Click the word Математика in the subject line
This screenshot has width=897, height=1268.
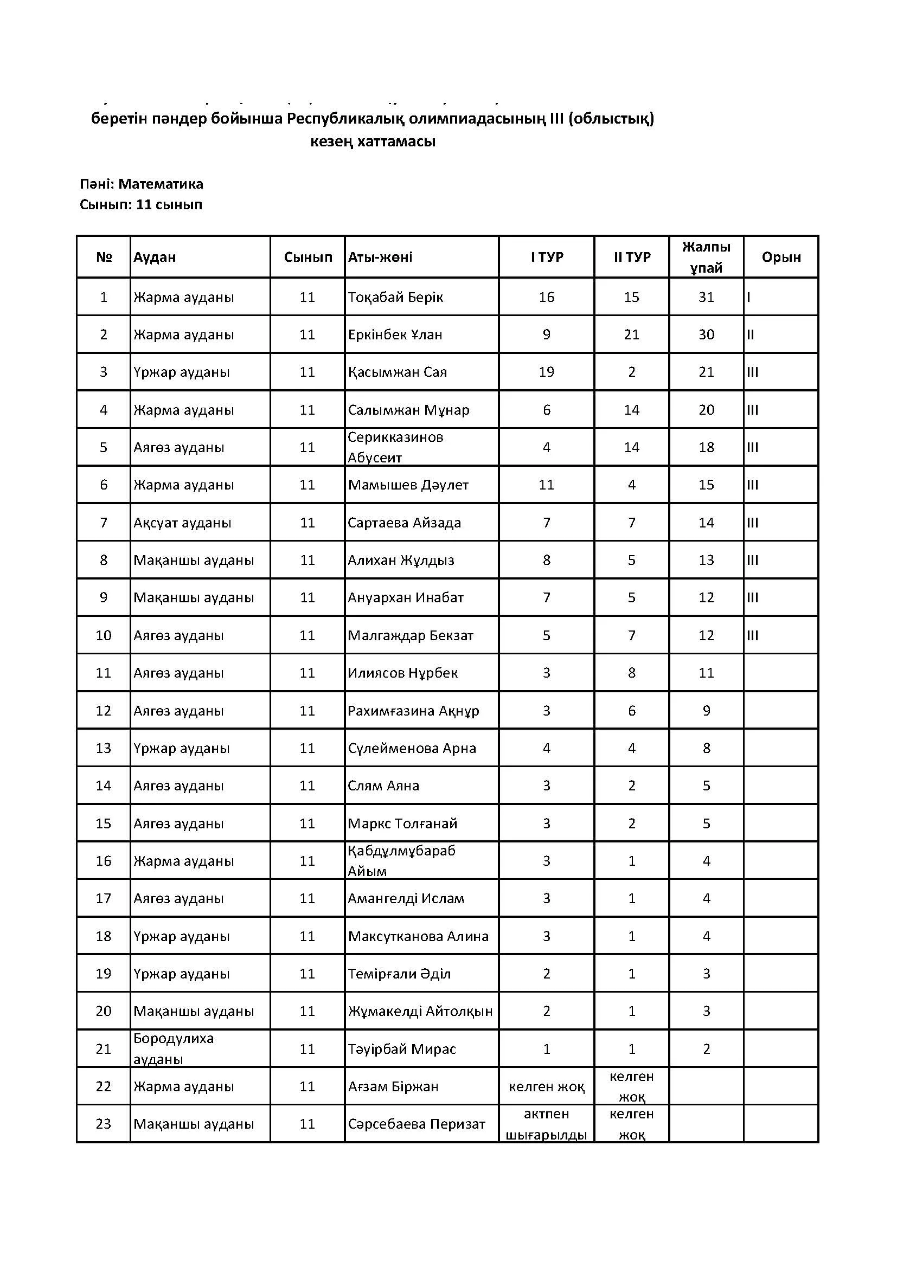pos(160,184)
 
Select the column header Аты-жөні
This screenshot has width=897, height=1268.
pos(380,257)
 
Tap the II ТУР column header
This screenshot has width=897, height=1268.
pos(632,257)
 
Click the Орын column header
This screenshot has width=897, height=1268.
pos(781,257)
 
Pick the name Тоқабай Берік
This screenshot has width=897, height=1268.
pos(395,297)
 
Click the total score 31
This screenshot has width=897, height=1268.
pos(706,297)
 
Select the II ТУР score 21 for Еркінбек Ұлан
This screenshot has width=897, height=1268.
pos(631,334)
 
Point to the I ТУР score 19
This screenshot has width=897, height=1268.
pos(546,372)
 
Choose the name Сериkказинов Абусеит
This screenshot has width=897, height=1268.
pos(395,447)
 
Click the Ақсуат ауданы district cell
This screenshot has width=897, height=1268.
pos(182,523)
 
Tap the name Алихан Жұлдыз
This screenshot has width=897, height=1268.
pos(401,560)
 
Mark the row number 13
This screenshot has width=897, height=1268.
pos(103,748)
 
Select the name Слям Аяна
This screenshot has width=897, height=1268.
pos(383,786)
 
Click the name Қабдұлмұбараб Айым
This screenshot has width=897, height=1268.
pos(401,861)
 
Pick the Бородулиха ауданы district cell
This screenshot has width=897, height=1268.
pos(174,1049)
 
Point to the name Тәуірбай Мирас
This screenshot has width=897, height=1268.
pos(402,1049)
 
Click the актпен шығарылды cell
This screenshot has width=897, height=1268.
pos(546,1124)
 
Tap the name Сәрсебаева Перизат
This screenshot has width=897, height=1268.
pos(417,1124)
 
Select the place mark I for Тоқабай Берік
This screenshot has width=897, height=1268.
pos(749,297)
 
